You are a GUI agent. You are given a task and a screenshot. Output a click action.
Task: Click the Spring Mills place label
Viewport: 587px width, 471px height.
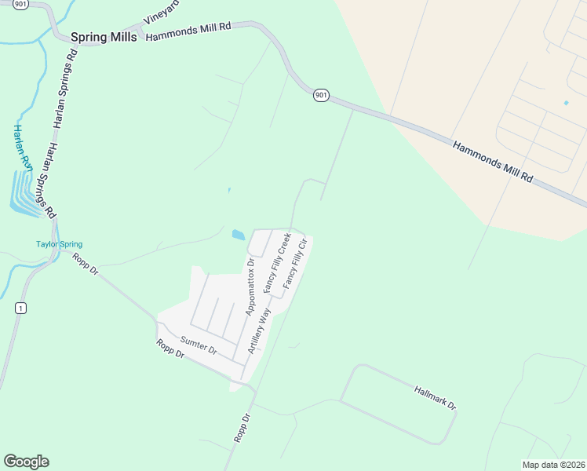(104, 37)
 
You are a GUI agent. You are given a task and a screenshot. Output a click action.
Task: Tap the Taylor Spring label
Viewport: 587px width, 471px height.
(59, 244)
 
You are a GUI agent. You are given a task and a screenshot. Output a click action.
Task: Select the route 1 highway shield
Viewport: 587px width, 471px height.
(20, 308)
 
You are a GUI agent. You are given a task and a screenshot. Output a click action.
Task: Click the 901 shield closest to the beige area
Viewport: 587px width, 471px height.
(320, 95)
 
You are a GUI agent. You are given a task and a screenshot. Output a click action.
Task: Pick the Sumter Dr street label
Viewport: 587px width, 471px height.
(198, 344)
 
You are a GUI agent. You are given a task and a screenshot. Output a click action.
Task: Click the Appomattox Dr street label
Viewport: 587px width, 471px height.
(251, 287)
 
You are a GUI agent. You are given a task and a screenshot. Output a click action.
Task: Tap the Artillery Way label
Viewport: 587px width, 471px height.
(259, 330)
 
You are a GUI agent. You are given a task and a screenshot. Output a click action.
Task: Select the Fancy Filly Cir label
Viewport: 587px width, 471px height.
(298, 263)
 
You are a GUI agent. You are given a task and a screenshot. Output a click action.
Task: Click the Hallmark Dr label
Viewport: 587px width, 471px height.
(435, 396)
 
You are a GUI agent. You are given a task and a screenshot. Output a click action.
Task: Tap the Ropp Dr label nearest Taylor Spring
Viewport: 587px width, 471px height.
(85, 264)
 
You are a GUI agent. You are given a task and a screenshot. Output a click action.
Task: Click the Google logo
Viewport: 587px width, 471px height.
(26, 462)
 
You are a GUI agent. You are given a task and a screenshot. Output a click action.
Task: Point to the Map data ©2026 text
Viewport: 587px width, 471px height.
(552, 465)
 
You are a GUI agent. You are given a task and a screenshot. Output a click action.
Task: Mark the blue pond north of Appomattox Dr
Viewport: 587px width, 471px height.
(238, 234)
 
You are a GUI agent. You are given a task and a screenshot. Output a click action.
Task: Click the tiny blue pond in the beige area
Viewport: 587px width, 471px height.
(566, 103)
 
